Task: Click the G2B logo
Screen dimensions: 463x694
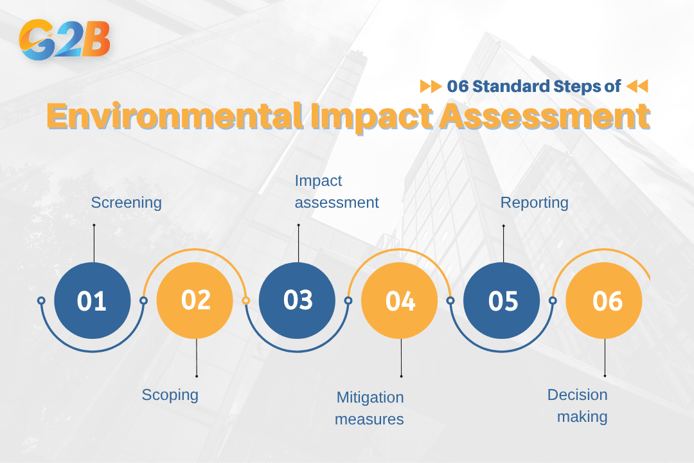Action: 65,40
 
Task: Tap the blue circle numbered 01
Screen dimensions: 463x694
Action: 93,301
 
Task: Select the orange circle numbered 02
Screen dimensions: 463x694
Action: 195,300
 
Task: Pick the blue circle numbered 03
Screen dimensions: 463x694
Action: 298,300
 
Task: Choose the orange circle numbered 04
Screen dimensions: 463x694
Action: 400,301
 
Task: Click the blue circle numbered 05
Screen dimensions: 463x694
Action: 502,301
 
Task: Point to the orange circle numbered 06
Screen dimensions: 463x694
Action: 605,301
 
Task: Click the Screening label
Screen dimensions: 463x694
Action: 126,203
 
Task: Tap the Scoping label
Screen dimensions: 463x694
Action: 170,394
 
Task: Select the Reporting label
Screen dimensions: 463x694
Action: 534,203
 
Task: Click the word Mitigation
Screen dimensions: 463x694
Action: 369,397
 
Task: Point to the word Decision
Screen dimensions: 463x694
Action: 577,394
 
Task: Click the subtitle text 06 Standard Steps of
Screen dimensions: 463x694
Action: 533,86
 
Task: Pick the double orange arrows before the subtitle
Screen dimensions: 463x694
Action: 431,86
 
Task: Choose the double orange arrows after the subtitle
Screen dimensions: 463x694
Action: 637,86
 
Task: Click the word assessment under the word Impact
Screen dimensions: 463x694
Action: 337,203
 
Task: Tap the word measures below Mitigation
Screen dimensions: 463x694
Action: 369,419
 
